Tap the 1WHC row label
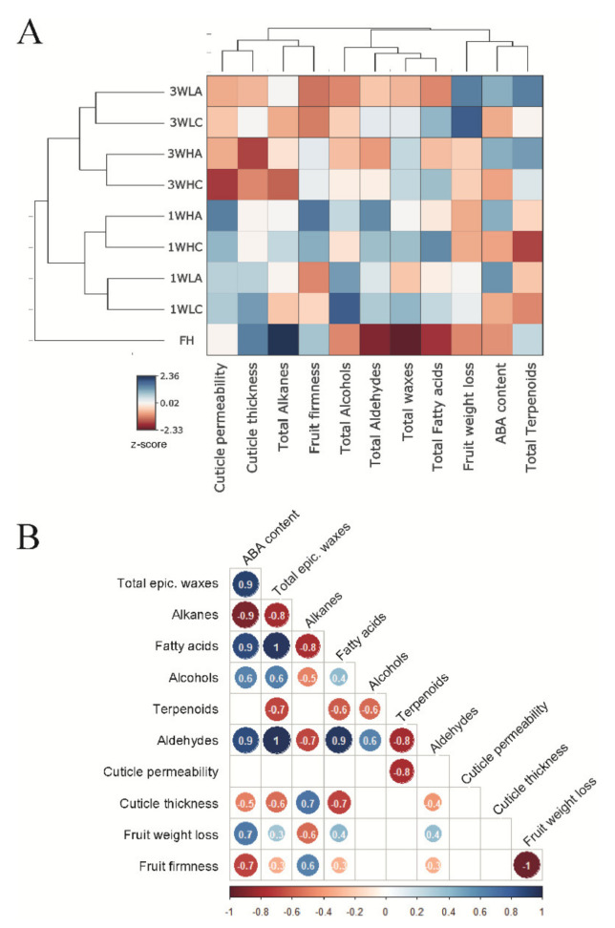coord(179,247)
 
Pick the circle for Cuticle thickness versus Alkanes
coord(307,804)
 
